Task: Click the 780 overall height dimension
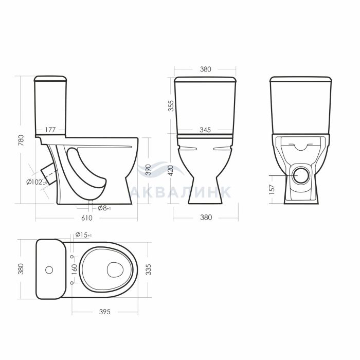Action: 21,140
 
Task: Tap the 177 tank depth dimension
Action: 50,130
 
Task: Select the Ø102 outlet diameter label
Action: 37,182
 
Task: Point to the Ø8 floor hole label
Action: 104,208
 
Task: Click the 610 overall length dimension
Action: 87,218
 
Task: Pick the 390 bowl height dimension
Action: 149,170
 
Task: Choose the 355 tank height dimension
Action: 171,106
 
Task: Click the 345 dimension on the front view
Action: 205,130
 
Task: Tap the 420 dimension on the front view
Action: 171,171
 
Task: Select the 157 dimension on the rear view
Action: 272,190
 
